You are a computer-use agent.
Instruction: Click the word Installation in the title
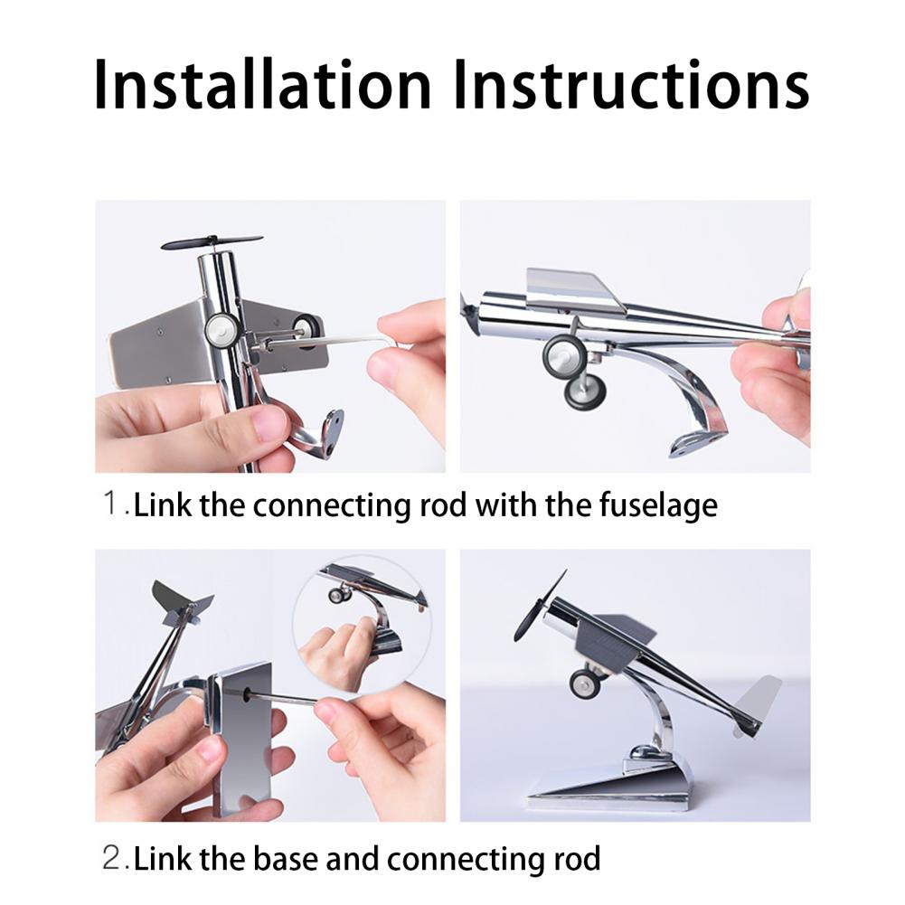[262, 84]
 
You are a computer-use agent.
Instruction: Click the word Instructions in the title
[631, 84]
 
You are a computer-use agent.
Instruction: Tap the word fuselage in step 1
[658, 505]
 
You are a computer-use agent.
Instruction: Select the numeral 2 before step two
[111, 858]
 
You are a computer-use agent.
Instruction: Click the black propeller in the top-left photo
[212, 242]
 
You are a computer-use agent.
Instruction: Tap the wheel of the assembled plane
[585, 683]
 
